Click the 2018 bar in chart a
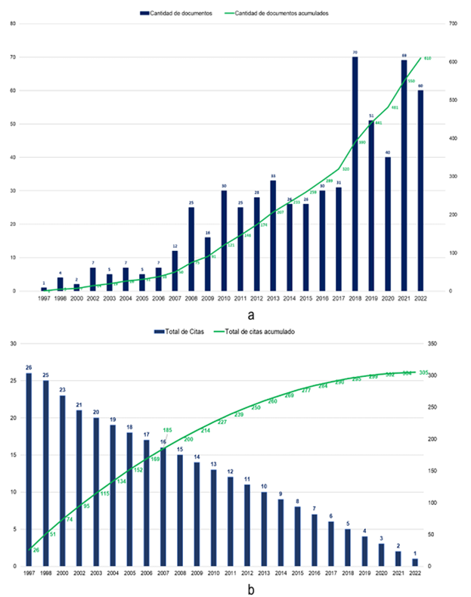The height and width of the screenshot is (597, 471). pos(355,174)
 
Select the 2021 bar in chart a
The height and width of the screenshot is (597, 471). pos(404,175)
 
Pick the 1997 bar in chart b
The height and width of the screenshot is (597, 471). pos(29,469)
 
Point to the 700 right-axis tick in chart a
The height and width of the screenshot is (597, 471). pos(454,23)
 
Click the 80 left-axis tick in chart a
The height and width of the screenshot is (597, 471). pos(13,23)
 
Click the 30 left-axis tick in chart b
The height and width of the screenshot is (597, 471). pos(13,344)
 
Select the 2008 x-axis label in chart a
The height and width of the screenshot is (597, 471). pos(191,300)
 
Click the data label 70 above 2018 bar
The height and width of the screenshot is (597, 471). pos(355,53)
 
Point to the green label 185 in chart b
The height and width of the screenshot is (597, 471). pos(168,431)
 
